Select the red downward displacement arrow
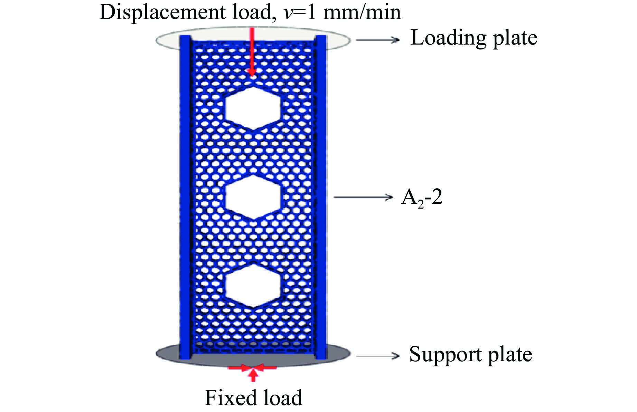[252, 52]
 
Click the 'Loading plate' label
[474, 38]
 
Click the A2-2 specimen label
[422, 198]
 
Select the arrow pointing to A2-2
[363, 197]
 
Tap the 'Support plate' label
[470, 355]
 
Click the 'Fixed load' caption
[253, 398]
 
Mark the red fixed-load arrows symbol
[253, 371]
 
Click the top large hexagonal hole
[253, 108]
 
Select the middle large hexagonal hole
[253, 197]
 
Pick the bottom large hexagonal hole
[253, 286]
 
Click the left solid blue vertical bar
[185, 197]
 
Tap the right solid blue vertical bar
[321, 197]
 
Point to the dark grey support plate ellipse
[339, 354]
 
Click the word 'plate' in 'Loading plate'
[515, 38]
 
